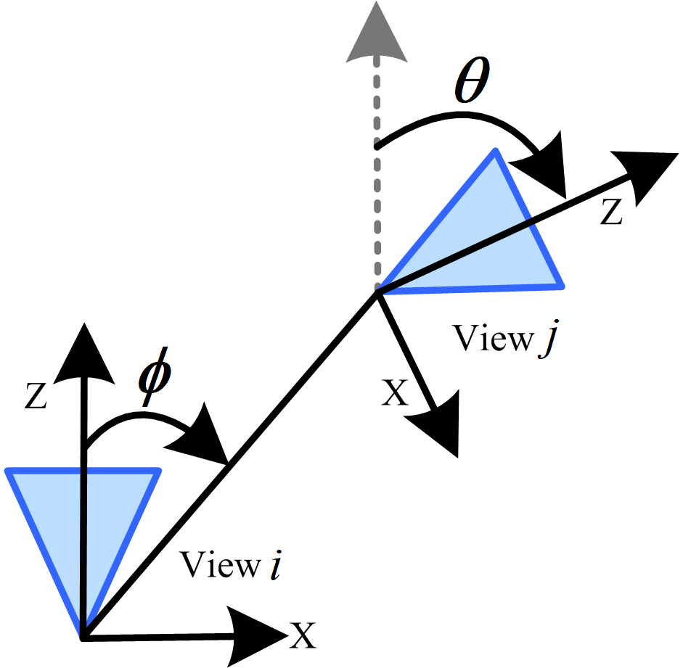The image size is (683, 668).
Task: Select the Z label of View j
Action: (x=610, y=211)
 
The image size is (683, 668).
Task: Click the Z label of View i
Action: (x=36, y=398)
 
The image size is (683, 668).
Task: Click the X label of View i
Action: (x=303, y=637)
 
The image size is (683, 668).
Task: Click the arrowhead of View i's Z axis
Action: (x=86, y=352)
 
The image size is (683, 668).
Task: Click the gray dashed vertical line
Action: (x=375, y=181)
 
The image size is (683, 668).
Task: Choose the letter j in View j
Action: (x=546, y=340)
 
